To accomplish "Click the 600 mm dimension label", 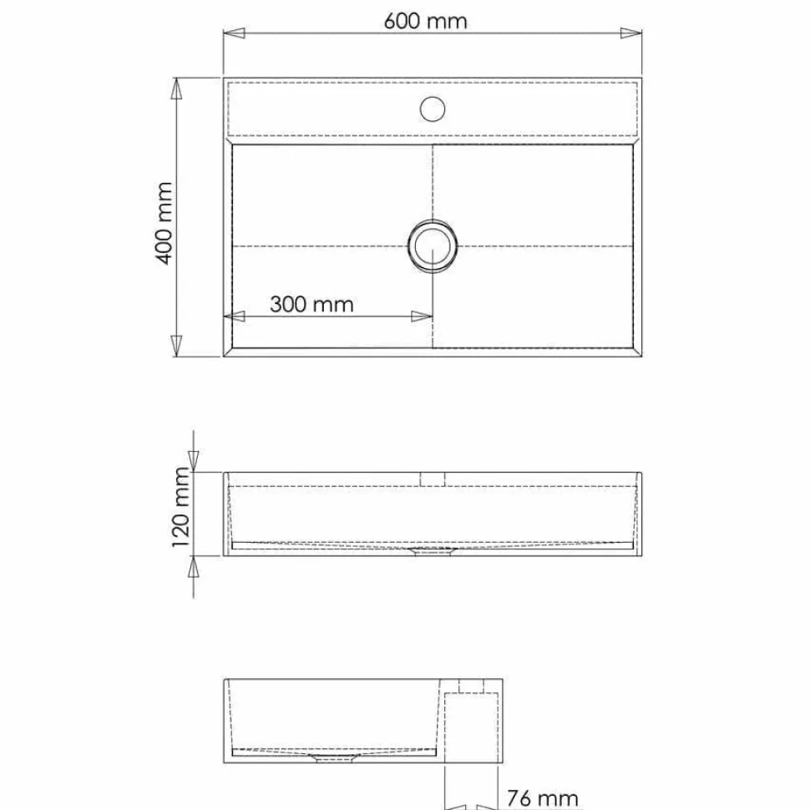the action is tap(425, 21).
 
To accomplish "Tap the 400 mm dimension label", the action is tap(165, 223).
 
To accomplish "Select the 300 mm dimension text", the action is tap(311, 304).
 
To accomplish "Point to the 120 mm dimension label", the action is tap(180, 507).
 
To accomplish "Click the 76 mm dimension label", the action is tap(542, 798).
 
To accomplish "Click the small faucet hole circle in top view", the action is tap(433, 109).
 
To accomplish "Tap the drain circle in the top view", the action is tap(433, 246).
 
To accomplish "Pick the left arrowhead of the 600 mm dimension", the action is tap(234, 33).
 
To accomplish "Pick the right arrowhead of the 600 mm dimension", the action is tap(630, 33).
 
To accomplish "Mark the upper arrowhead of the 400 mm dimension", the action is tap(177, 89).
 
